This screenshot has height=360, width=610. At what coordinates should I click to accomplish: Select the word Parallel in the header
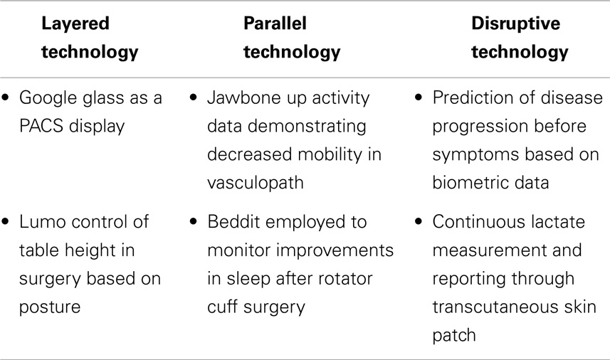tap(275, 23)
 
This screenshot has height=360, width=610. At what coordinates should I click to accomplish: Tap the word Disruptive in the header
tap(516, 24)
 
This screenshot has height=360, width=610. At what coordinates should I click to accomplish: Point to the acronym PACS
tap(41, 126)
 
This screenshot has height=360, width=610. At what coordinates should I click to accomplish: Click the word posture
tap(50, 308)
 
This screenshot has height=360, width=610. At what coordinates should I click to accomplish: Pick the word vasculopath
tap(256, 183)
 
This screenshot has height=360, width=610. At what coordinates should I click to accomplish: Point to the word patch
tap(454, 336)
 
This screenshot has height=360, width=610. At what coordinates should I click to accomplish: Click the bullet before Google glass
tap(5, 97)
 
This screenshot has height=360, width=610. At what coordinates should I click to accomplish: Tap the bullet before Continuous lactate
tap(419, 221)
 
